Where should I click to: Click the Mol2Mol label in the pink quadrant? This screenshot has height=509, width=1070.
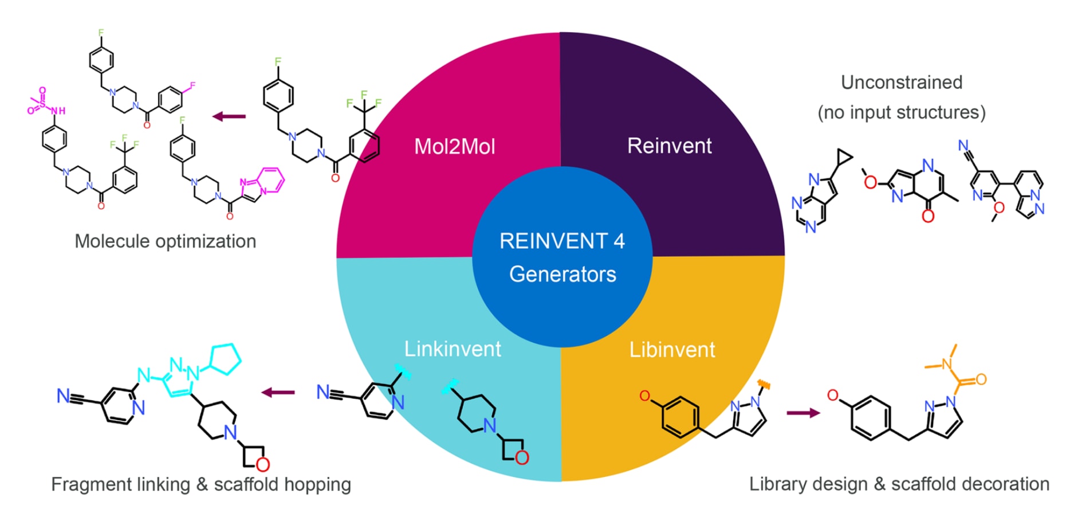(454, 146)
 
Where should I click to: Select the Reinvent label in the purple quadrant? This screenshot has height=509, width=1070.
(669, 146)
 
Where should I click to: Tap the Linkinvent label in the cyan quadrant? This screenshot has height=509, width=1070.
(453, 349)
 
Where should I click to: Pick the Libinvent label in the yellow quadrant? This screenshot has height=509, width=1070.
(672, 349)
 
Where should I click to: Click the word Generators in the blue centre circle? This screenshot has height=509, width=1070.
(562, 274)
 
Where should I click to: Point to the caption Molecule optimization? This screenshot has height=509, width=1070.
(165, 241)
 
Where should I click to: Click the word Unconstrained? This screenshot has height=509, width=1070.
(901, 82)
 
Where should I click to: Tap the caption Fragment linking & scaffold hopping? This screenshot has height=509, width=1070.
(200, 484)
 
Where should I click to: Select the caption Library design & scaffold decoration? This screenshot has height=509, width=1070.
(899, 484)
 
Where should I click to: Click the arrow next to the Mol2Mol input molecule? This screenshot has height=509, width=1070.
(229, 116)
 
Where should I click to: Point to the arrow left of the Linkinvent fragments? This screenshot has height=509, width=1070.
(278, 393)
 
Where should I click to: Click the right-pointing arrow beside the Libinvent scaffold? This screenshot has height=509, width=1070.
(803, 413)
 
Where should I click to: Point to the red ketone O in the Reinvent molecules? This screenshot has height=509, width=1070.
(928, 216)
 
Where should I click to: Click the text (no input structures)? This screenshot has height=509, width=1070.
(901, 112)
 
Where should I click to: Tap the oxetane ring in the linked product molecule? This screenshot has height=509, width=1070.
(254, 457)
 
